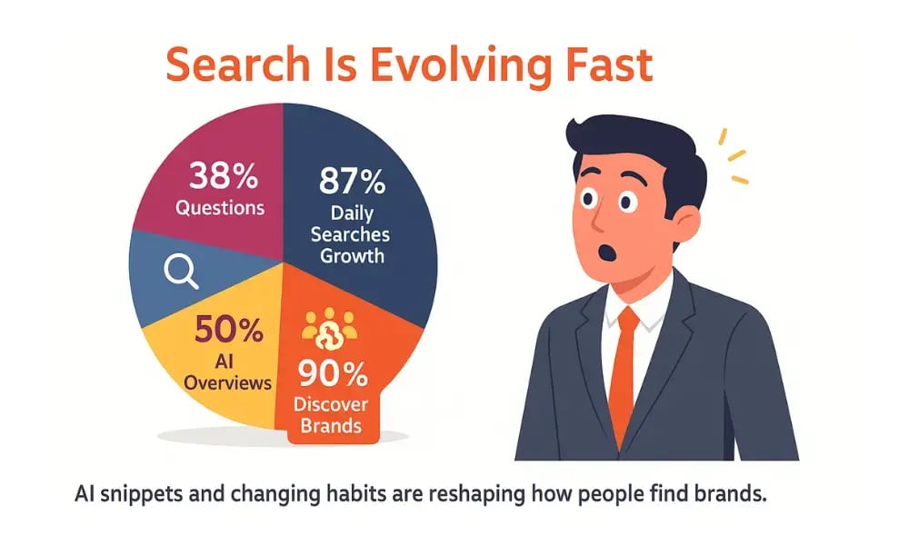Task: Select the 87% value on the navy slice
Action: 352,182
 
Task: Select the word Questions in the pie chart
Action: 220,207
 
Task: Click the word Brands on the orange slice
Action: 334,425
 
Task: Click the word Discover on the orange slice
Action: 333,403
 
